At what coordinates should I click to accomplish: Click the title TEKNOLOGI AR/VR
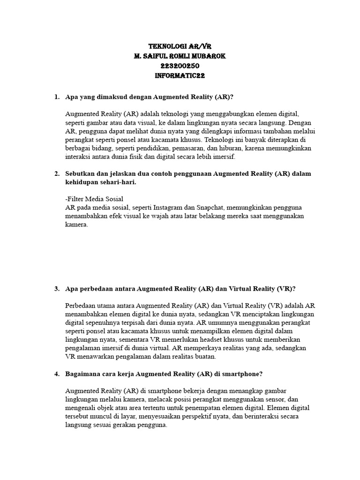click(180, 47)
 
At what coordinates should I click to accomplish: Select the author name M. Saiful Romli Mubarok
click(180, 56)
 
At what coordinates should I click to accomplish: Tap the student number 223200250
click(180, 66)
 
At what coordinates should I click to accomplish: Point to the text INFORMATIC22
click(180, 75)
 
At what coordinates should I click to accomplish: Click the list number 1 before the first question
click(56, 97)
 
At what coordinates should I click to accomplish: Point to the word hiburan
click(223, 148)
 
